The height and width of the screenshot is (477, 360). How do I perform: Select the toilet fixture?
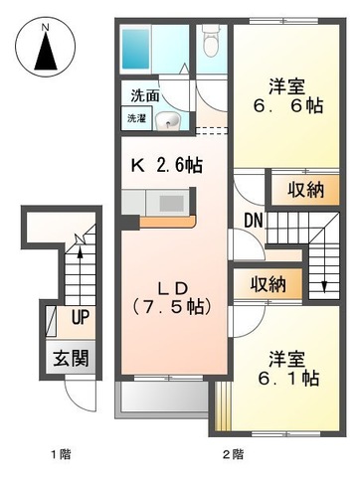pos(209,45)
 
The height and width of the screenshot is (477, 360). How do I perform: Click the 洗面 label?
pos(144,97)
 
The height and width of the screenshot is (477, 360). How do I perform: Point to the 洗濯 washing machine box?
pos(137,118)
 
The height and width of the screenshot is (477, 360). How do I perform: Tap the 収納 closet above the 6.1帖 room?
pos(268,283)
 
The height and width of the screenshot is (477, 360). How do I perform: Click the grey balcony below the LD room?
pos(164,400)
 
